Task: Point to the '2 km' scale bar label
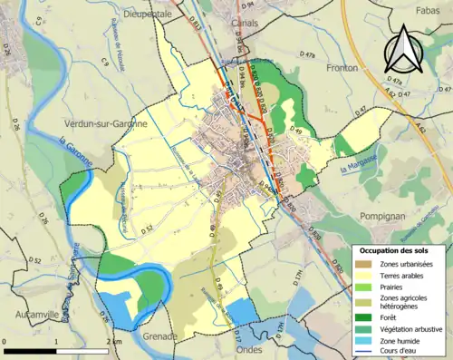(114, 341)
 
